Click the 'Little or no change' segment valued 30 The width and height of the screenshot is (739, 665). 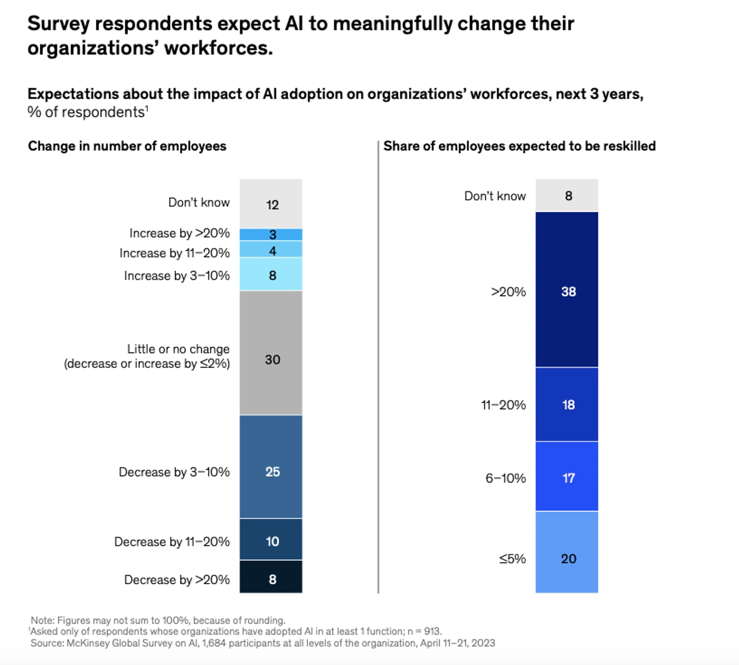point(271,352)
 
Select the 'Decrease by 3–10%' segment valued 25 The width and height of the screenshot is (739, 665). point(271,467)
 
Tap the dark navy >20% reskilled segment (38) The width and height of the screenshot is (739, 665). point(567,289)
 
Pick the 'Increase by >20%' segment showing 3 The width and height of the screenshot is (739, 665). point(271,234)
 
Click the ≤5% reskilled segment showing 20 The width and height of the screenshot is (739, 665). point(567,552)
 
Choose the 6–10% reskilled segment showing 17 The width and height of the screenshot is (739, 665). point(567,476)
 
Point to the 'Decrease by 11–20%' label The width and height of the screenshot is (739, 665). point(172,542)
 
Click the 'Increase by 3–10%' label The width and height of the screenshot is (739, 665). point(177,276)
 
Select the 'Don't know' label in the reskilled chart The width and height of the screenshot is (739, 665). point(495,196)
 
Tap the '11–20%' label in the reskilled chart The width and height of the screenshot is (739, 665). point(503,405)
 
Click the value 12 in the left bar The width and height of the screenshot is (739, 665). point(273,205)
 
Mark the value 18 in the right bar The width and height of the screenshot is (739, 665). point(569,405)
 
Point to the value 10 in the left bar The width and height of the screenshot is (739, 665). point(273,542)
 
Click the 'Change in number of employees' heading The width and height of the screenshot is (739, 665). point(127,146)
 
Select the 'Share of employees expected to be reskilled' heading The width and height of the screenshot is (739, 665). point(519,146)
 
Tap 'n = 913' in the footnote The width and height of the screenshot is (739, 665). point(424,631)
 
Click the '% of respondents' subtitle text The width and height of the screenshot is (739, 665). point(86,112)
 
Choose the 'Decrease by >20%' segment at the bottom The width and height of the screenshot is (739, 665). point(271,577)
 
